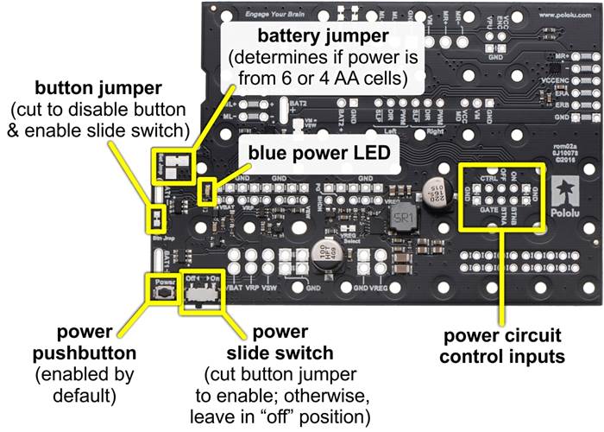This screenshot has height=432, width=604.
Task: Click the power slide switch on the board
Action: (203, 295)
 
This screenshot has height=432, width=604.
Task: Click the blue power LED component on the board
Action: (207, 191)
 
